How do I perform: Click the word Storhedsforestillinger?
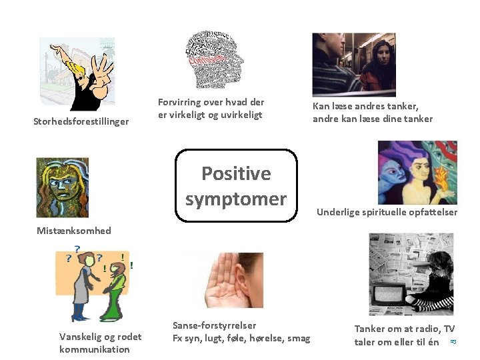point(81,121)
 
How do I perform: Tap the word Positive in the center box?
point(236,173)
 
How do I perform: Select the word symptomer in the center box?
point(236,199)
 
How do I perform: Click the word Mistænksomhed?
point(74,231)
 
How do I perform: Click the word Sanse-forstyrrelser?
point(214,325)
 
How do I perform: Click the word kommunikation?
point(95,349)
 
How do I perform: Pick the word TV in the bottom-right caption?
point(449,329)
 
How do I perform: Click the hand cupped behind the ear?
point(219,283)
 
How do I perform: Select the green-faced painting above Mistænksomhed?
point(61,187)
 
